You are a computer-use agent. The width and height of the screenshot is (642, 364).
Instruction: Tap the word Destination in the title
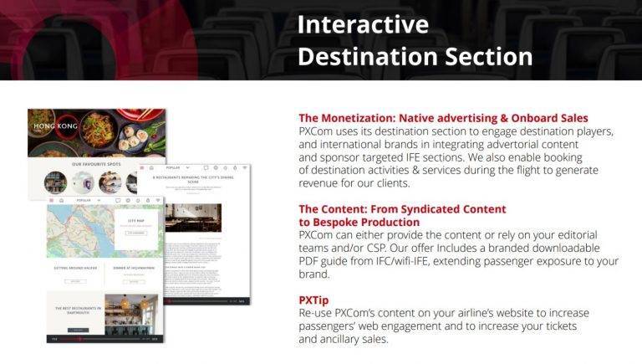[368, 56]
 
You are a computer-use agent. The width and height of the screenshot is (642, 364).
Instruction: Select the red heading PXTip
[314, 299]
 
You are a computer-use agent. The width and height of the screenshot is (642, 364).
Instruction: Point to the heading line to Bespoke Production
[359, 222]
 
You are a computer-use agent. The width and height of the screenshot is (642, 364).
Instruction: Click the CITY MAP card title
[136, 223]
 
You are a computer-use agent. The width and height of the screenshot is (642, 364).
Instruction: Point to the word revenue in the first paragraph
[323, 183]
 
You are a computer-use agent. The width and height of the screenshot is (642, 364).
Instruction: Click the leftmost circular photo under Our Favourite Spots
[56, 182]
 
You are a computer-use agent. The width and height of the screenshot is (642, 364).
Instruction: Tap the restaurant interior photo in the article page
[193, 217]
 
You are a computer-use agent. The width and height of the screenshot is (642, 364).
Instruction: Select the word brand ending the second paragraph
[315, 274]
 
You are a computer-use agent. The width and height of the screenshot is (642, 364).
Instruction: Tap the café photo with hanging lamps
[132, 314]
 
